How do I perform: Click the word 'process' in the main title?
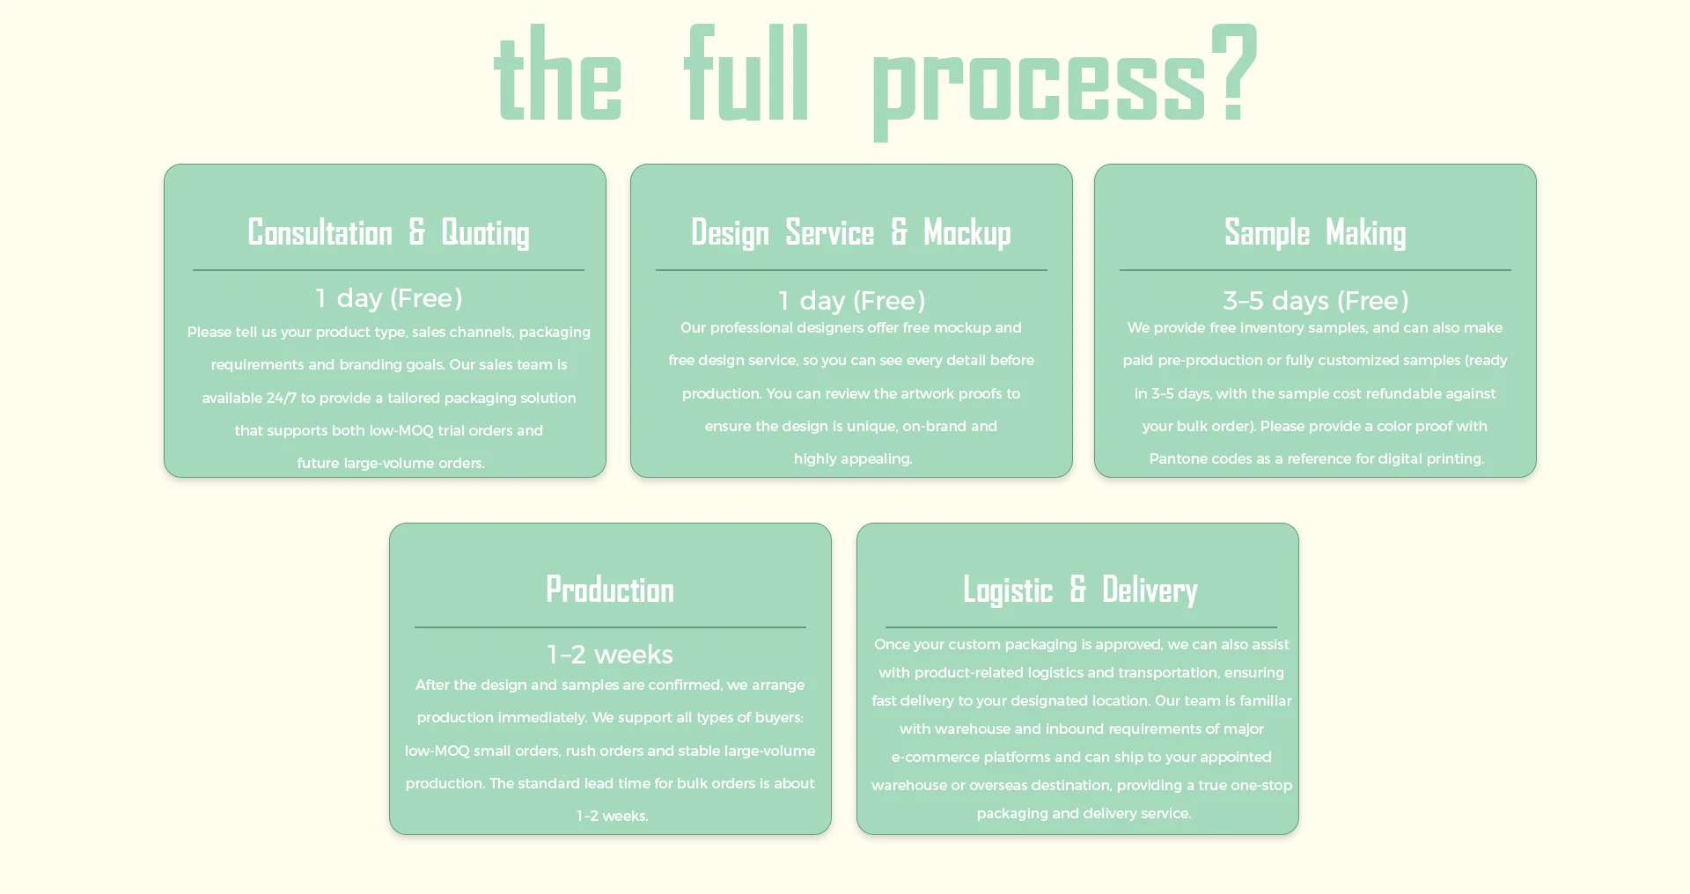click(1039, 84)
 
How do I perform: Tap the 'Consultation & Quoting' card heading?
click(388, 232)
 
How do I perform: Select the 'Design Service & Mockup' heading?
click(850, 232)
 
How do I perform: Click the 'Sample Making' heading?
click(1315, 232)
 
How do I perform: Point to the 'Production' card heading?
click(610, 590)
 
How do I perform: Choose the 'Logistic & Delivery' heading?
click(1080, 590)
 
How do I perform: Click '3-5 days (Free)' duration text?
click(1315, 301)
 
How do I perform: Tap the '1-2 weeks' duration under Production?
click(610, 655)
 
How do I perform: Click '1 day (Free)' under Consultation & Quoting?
click(388, 298)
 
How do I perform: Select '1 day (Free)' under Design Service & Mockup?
click(851, 301)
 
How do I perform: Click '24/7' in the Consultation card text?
click(281, 398)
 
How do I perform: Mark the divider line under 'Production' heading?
click(610, 627)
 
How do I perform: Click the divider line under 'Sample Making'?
click(1315, 270)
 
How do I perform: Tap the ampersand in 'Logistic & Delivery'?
click(1077, 590)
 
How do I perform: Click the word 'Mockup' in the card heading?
click(966, 232)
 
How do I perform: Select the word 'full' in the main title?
click(746, 75)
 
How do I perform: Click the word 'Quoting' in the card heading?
click(485, 232)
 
